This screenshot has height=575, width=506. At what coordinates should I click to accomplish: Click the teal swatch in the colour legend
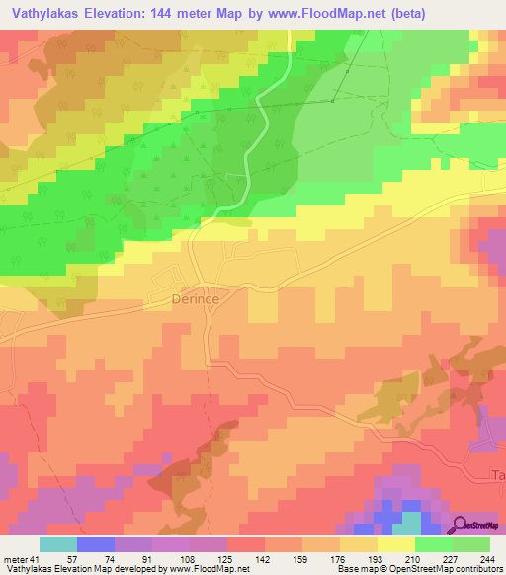click(58, 545)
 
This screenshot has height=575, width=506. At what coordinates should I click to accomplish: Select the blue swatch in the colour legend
click(96, 545)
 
